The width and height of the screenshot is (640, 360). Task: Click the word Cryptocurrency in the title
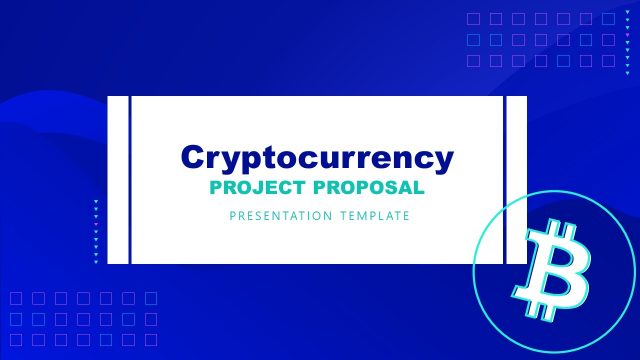coord(317,157)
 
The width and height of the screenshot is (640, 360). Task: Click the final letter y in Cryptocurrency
coord(444,159)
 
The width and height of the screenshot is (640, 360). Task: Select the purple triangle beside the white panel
coord(96,224)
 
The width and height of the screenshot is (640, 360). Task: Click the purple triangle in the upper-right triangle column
coord(628,35)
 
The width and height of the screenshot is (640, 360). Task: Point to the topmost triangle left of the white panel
coord(96,201)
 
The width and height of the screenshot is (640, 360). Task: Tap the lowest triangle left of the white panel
coord(96,262)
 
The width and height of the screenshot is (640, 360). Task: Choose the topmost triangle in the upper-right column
coord(628,12)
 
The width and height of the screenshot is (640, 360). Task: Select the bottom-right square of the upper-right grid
coord(608,61)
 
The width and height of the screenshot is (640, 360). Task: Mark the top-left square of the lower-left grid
coord(16,298)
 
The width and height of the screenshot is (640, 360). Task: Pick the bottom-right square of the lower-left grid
coord(151,340)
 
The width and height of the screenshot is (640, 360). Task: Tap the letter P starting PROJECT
coord(215,187)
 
